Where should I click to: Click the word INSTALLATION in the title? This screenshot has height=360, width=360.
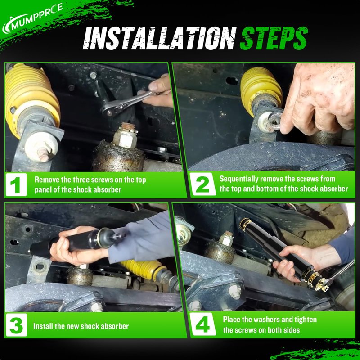tap(160, 38)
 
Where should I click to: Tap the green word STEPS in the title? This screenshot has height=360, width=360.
tap(274, 38)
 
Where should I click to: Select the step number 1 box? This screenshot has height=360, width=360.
tap(16, 184)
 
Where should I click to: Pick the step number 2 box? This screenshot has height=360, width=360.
tap(203, 184)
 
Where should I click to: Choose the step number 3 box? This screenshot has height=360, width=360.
tap(16, 325)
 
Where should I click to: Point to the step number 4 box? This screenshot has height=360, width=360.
tap(203, 324)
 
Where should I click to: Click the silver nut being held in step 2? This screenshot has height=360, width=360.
tap(274, 121)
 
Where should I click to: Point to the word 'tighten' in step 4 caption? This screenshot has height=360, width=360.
tap(306, 320)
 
